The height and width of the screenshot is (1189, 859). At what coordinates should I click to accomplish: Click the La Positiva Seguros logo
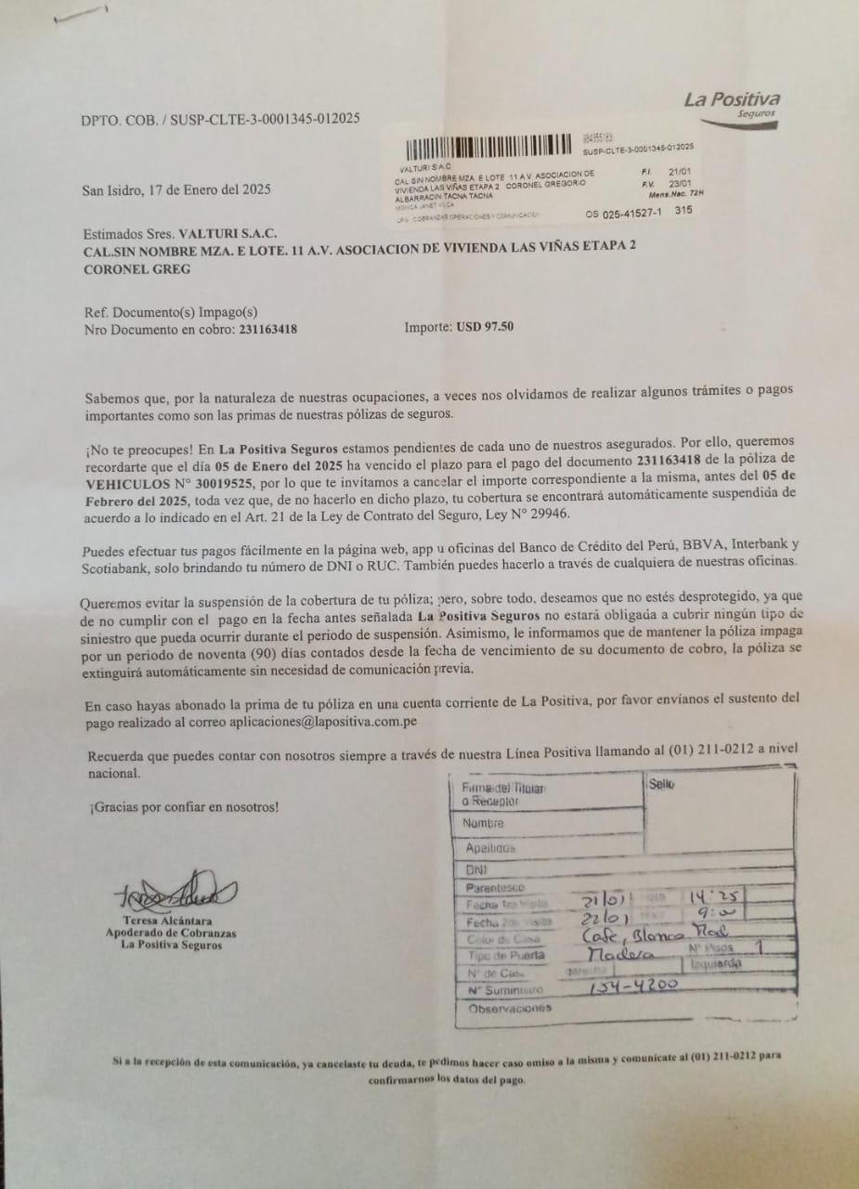click(732, 104)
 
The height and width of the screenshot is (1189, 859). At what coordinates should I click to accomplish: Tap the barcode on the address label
click(488, 146)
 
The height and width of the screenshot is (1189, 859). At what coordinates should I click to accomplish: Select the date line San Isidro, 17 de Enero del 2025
click(176, 190)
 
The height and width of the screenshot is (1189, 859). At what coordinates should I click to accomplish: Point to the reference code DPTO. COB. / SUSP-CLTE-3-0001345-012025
click(220, 119)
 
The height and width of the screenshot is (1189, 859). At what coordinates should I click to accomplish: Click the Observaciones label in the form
click(510, 1008)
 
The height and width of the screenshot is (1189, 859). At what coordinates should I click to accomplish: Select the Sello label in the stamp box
click(661, 785)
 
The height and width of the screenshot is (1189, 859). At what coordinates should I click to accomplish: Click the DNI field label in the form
click(476, 870)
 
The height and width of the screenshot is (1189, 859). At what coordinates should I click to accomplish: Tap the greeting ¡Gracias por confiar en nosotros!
click(184, 807)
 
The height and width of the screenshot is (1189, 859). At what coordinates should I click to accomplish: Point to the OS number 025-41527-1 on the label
click(625, 214)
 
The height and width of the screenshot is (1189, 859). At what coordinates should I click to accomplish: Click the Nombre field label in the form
click(485, 823)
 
